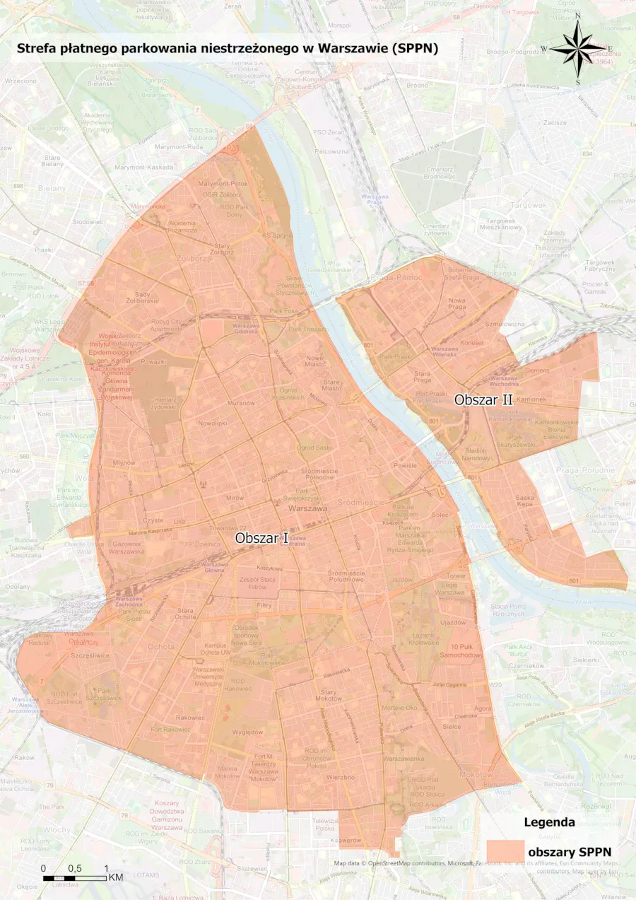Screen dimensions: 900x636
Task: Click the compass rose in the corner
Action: pyautogui.click(x=577, y=49)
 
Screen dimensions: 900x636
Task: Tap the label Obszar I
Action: pyautogui.click(x=261, y=538)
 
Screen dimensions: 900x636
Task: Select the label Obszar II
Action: pyautogui.click(x=483, y=399)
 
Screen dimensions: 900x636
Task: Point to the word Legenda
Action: pyautogui.click(x=549, y=822)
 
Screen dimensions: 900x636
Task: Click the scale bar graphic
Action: pyautogui.click(x=75, y=878)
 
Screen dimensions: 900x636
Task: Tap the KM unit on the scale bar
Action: pyautogui.click(x=116, y=877)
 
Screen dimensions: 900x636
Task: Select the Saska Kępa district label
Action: pyautogui.click(x=524, y=501)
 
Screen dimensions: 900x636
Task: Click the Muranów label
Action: pyautogui.click(x=241, y=402)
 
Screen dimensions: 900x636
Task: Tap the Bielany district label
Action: pyautogui.click(x=52, y=188)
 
